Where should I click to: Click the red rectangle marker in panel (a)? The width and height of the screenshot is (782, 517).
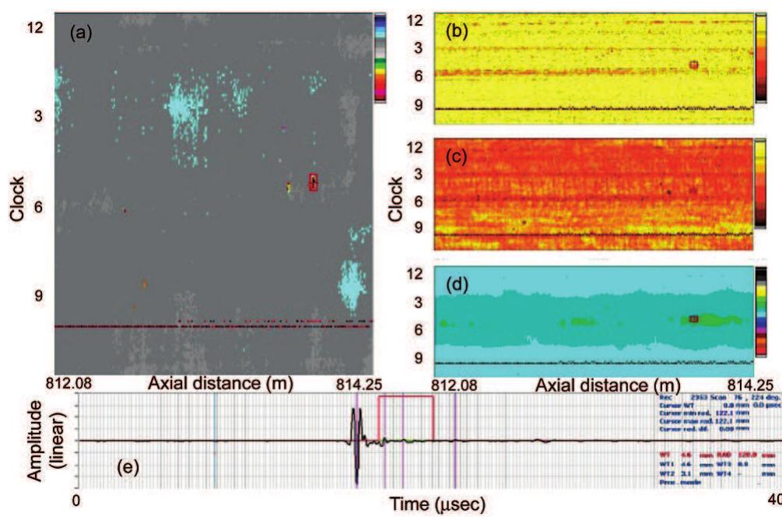(314, 181)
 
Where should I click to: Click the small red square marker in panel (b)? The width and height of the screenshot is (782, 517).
(693, 65)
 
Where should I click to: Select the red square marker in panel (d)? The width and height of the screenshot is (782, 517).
(694, 318)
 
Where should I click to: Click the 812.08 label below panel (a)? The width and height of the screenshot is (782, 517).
(75, 383)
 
